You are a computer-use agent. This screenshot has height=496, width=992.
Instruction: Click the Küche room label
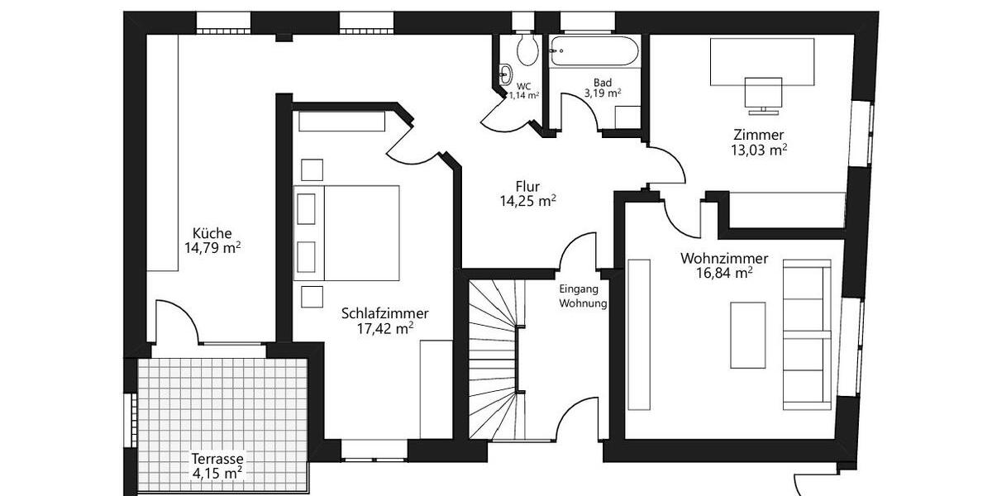(212, 232)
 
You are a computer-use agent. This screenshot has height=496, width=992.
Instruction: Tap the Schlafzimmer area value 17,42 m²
(385, 328)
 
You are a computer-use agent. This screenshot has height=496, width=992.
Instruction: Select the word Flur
(527, 186)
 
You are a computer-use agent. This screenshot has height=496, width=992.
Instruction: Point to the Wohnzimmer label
(724, 258)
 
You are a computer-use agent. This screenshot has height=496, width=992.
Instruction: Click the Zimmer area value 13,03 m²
(758, 150)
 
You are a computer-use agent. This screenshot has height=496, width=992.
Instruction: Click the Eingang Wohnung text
(583, 297)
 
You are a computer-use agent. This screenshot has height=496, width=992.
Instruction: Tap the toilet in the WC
(527, 50)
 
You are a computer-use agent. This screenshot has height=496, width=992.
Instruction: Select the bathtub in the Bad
(595, 54)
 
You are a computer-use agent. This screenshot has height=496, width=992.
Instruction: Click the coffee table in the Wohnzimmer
(747, 335)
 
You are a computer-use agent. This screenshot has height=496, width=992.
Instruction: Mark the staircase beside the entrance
(493, 360)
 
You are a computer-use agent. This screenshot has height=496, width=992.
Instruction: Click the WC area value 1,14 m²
(524, 95)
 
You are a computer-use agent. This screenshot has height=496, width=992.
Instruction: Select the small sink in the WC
(504, 74)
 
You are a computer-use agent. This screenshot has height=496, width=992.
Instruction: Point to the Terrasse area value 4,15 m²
(217, 474)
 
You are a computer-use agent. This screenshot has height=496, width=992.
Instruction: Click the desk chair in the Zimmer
(763, 93)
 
